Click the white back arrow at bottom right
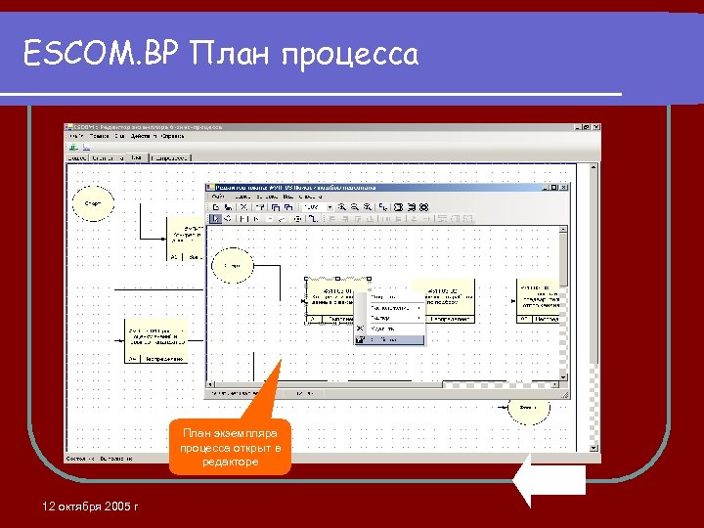[x=549, y=480]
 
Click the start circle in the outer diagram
[x=93, y=203]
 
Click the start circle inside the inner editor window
[x=232, y=265]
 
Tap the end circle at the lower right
[x=528, y=408]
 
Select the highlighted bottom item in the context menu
[x=390, y=340]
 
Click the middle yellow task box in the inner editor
[x=445, y=301]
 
